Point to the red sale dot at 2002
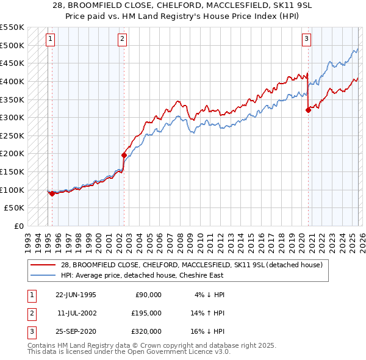click(x=124, y=155)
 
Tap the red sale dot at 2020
click(x=308, y=110)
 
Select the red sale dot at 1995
click(x=52, y=193)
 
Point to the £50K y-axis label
click(x=14, y=208)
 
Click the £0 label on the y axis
click(x=18, y=226)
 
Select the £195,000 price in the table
click(x=147, y=313)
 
